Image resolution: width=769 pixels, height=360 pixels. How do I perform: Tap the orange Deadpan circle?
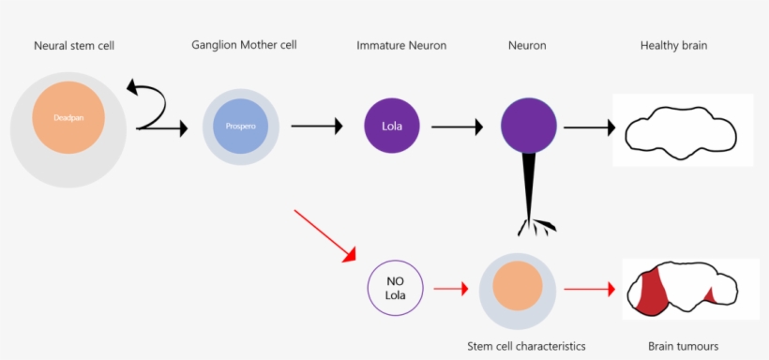67,119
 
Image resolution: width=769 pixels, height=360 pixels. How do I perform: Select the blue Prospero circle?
241,126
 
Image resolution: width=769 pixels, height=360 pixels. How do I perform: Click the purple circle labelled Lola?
391,126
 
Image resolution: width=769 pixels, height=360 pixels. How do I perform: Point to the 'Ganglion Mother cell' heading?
244,45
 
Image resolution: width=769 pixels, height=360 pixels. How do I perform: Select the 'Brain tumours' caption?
683,346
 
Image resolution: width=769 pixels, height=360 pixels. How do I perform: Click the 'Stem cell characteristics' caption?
526,346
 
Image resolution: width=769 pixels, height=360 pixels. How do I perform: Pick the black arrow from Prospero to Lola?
317,126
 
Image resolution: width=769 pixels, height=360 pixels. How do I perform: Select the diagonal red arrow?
325,234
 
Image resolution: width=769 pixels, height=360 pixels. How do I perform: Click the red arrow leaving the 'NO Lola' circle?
451,287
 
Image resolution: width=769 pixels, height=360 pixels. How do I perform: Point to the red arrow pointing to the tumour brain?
590,287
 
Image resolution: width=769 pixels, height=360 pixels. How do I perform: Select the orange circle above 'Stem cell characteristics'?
517,287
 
